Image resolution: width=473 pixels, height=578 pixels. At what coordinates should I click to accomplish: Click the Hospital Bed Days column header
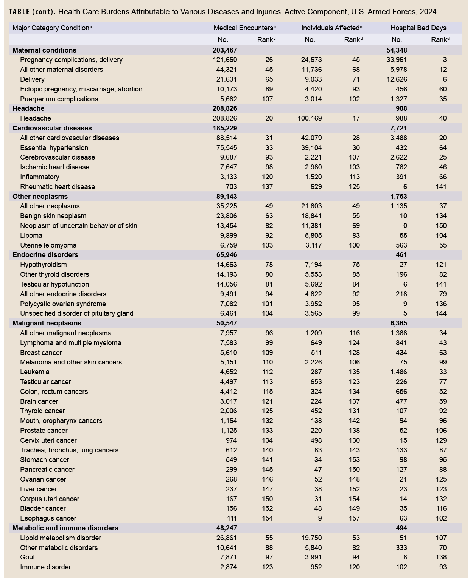pyautogui.click(x=418, y=28)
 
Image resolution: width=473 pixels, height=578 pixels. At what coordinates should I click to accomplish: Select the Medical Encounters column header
pyautogui.click(x=244, y=28)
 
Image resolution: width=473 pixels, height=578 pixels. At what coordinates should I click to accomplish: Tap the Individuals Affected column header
pyautogui.click(x=331, y=28)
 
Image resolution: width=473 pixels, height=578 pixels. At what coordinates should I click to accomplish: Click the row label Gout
pyautogui.click(x=28, y=557)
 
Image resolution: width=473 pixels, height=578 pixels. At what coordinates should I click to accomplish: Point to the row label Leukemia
pyautogui.click(x=35, y=372)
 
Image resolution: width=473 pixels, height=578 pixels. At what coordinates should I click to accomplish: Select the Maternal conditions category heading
pyautogui.click(x=44, y=50)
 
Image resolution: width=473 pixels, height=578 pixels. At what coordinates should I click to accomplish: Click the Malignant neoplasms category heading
pyautogui.click(x=47, y=323)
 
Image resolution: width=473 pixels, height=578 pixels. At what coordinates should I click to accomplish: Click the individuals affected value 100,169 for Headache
pyautogui.click(x=310, y=118)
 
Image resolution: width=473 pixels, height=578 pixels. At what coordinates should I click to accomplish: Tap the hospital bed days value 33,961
pyautogui.click(x=396, y=60)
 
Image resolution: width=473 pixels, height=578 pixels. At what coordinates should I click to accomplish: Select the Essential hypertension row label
pyautogui.click(x=54, y=148)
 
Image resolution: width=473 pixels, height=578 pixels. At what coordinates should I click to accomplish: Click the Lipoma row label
pyautogui.click(x=31, y=236)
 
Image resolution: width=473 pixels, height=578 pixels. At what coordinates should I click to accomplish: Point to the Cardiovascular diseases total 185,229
pyautogui.click(x=225, y=128)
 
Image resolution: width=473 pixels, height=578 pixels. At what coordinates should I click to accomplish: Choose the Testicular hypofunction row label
pyautogui.click(x=54, y=284)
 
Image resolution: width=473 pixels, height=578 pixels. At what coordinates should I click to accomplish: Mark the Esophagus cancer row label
pyautogui.click(x=48, y=518)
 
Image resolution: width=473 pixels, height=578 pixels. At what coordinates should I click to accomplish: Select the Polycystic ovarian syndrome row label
pyautogui.click(x=63, y=304)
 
